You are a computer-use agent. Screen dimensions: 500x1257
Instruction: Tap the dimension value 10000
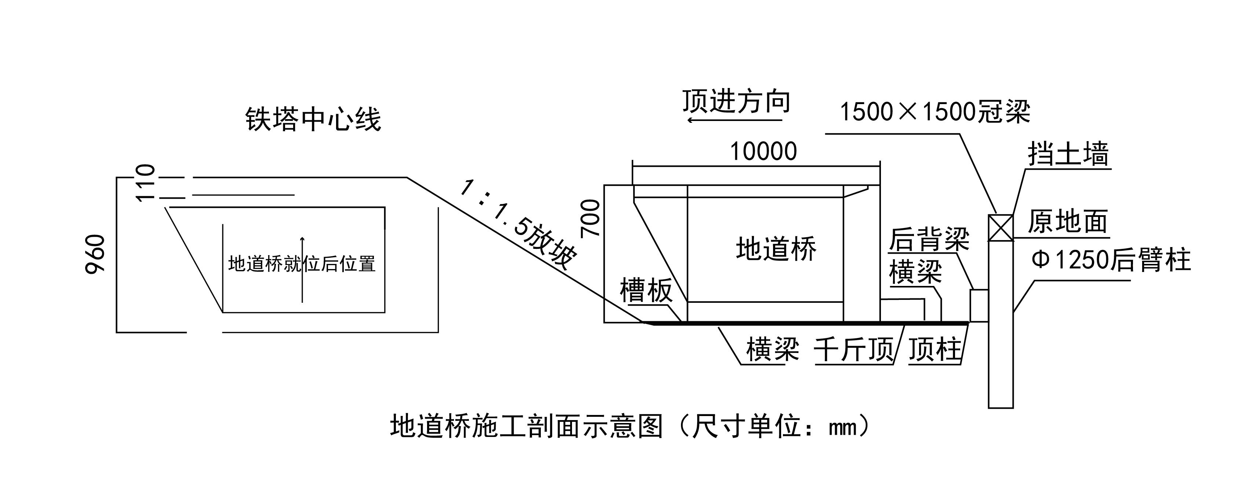click(x=763, y=151)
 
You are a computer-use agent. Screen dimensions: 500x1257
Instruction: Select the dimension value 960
click(x=96, y=254)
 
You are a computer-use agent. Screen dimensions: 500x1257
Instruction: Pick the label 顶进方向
click(x=736, y=101)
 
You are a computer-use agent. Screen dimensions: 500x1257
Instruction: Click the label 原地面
click(x=1068, y=222)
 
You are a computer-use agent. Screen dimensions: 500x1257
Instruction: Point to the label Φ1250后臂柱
click(x=1111, y=260)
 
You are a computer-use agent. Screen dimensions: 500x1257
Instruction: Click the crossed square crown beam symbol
click(x=1000, y=228)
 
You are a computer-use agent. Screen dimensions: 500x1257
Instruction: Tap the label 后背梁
click(x=929, y=239)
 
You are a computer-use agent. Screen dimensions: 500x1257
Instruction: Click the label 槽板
click(x=646, y=290)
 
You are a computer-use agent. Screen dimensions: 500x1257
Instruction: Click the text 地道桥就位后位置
click(x=302, y=264)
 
